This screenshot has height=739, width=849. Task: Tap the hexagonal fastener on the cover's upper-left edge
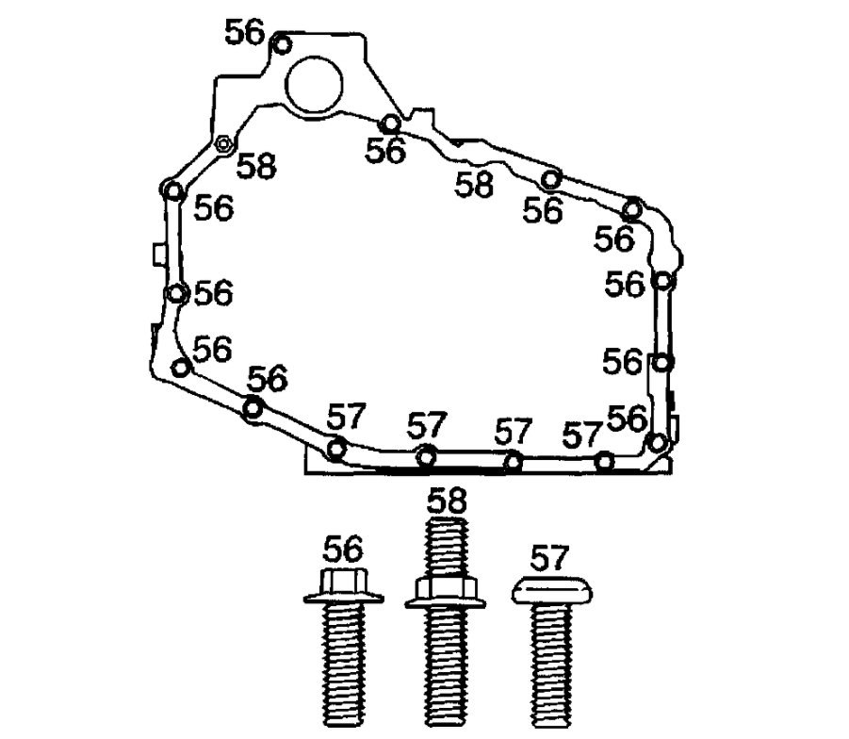(223, 144)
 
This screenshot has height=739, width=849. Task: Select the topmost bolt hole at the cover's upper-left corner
(282, 44)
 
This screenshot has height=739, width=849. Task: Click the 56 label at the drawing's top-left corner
(245, 32)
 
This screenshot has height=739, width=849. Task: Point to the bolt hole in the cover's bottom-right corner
(657, 443)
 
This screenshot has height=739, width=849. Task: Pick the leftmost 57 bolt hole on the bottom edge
(336, 449)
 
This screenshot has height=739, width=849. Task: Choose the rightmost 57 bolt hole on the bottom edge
(604, 462)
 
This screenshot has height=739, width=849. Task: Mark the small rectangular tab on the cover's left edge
(159, 255)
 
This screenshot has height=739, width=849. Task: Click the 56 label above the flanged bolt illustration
(343, 550)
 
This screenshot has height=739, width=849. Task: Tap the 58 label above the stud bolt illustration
(447, 501)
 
